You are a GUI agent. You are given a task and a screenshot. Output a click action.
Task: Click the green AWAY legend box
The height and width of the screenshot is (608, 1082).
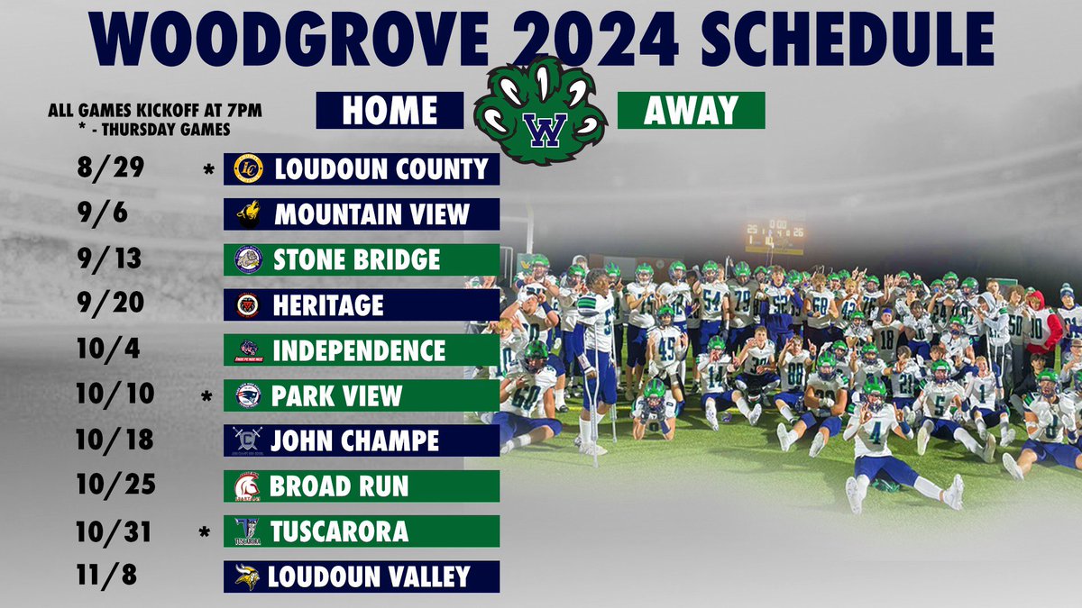[691, 110]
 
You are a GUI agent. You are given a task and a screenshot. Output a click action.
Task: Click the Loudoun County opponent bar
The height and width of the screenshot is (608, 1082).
[362, 168]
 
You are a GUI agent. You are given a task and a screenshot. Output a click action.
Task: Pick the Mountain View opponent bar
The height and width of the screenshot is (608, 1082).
[362, 213]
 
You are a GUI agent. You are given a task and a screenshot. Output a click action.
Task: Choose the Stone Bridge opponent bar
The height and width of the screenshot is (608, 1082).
[362, 259]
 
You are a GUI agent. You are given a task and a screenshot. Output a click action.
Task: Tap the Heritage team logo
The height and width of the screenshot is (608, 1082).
[247, 304]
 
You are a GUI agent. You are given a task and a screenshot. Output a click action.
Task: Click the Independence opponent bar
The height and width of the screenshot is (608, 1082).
[362, 349]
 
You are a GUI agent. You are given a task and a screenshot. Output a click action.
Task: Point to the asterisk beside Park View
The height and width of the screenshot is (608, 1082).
[208, 396]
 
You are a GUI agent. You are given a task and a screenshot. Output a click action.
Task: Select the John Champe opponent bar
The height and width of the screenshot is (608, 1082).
[362, 440]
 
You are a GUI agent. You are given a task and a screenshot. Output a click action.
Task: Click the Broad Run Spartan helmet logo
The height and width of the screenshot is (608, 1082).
[247, 486]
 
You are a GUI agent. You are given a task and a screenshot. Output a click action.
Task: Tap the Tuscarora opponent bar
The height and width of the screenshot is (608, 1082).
[362, 531]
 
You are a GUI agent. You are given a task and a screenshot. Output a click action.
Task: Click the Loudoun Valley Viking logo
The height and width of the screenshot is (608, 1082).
[247, 576]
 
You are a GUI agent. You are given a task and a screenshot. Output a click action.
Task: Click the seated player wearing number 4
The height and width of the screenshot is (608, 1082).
[875, 432]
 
